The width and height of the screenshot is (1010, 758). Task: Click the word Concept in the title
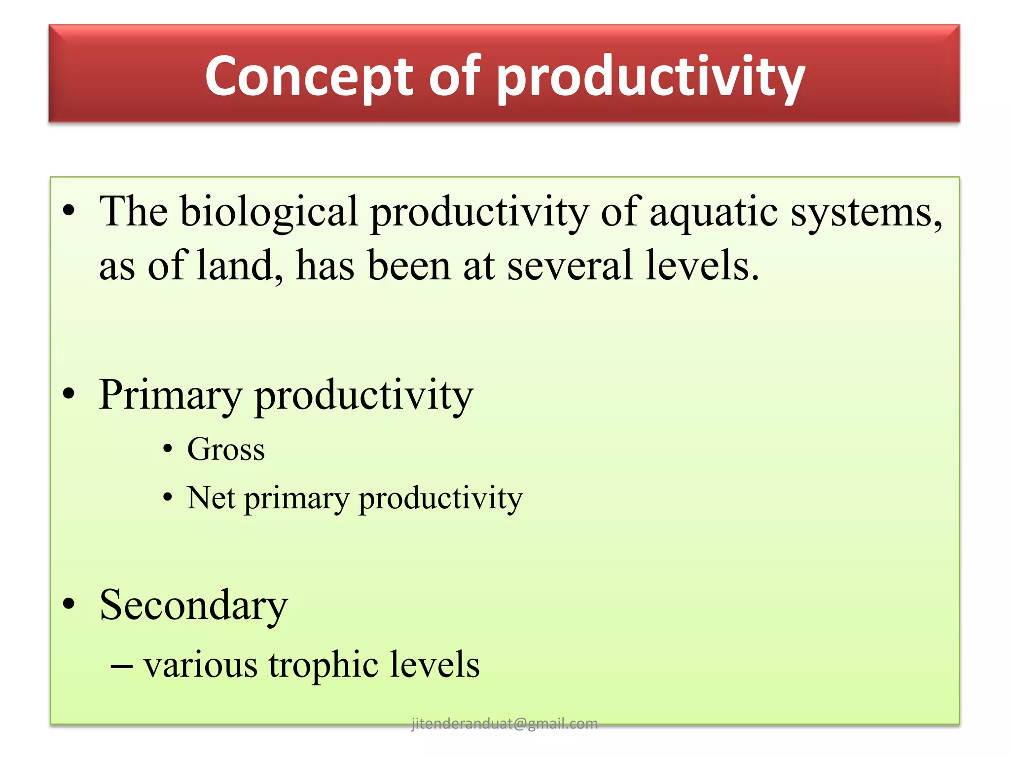[309, 76]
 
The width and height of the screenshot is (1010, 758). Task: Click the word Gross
[226, 450]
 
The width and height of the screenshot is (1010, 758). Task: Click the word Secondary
[193, 606]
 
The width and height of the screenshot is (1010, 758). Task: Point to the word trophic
[323, 665]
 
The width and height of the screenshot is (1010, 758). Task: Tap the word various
[200, 665]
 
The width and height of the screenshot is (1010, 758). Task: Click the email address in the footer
[504, 723]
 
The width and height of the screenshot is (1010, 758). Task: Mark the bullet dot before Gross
[168, 450]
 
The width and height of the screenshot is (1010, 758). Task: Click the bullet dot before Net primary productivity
[168, 498]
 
